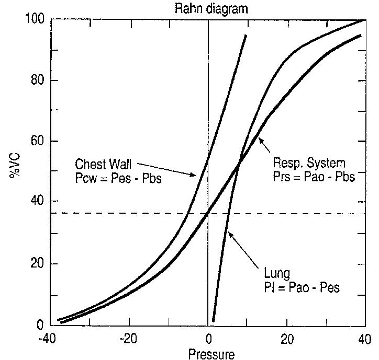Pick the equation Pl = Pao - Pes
click(x=302, y=287)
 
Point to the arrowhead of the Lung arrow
click(x=230, y=236)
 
